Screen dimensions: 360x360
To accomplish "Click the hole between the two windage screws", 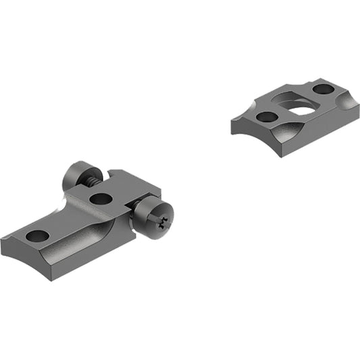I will tap(101, 199).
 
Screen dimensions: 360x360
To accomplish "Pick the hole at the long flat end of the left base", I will tap(38, 236).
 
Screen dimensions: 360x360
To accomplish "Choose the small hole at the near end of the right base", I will tap(266, 117).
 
